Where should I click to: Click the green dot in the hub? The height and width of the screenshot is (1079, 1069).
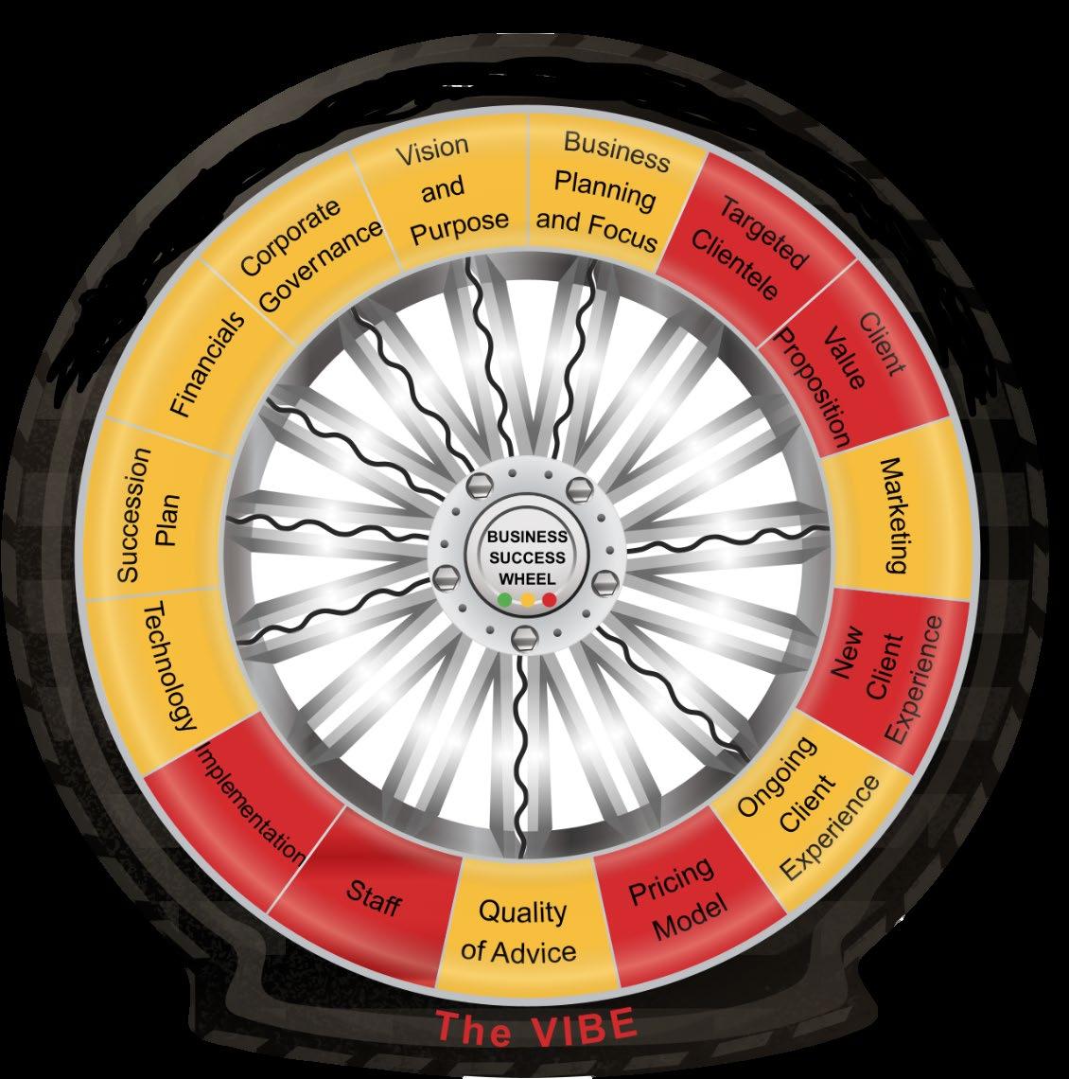(504, 600)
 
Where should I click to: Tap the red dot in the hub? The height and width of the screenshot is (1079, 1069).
(550, 600)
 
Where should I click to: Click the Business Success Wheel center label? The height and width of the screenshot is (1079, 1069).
(527, 557)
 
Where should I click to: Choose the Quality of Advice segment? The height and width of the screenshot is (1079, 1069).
(521, 929)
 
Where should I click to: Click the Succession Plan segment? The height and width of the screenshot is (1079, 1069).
(147, 516)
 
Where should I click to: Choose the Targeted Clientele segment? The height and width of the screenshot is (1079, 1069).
(752, 246)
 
